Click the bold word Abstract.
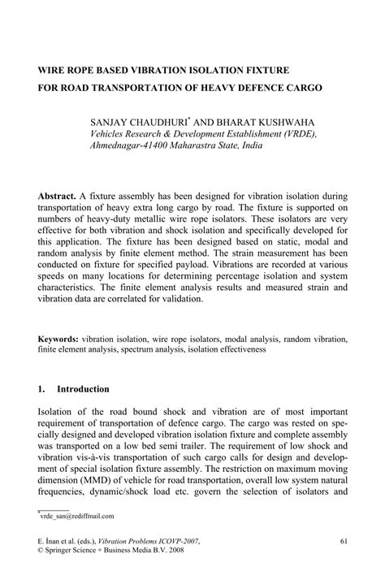[58, 197]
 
